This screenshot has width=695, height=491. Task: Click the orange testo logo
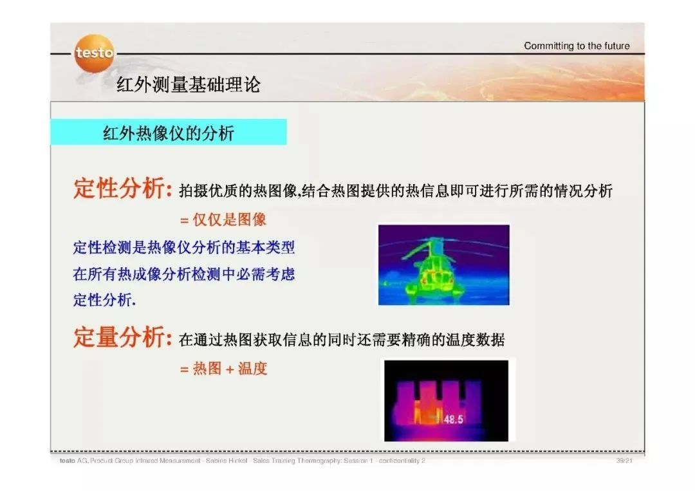94,53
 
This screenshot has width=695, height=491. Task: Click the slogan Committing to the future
577,46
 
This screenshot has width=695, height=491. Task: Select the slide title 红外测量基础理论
189,84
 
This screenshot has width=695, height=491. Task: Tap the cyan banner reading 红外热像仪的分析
169,132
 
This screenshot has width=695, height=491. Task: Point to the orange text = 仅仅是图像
223,219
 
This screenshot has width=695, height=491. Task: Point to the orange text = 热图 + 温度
224,368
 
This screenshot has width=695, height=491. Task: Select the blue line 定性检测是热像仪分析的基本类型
184,247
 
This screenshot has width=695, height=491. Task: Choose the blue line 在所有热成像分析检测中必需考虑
184,274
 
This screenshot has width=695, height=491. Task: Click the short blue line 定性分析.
105,300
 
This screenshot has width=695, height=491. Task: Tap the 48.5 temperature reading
454,419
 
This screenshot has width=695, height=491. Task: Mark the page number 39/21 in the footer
624,461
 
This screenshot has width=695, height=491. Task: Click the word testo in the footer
68,461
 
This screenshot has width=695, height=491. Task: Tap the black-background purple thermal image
447,401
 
